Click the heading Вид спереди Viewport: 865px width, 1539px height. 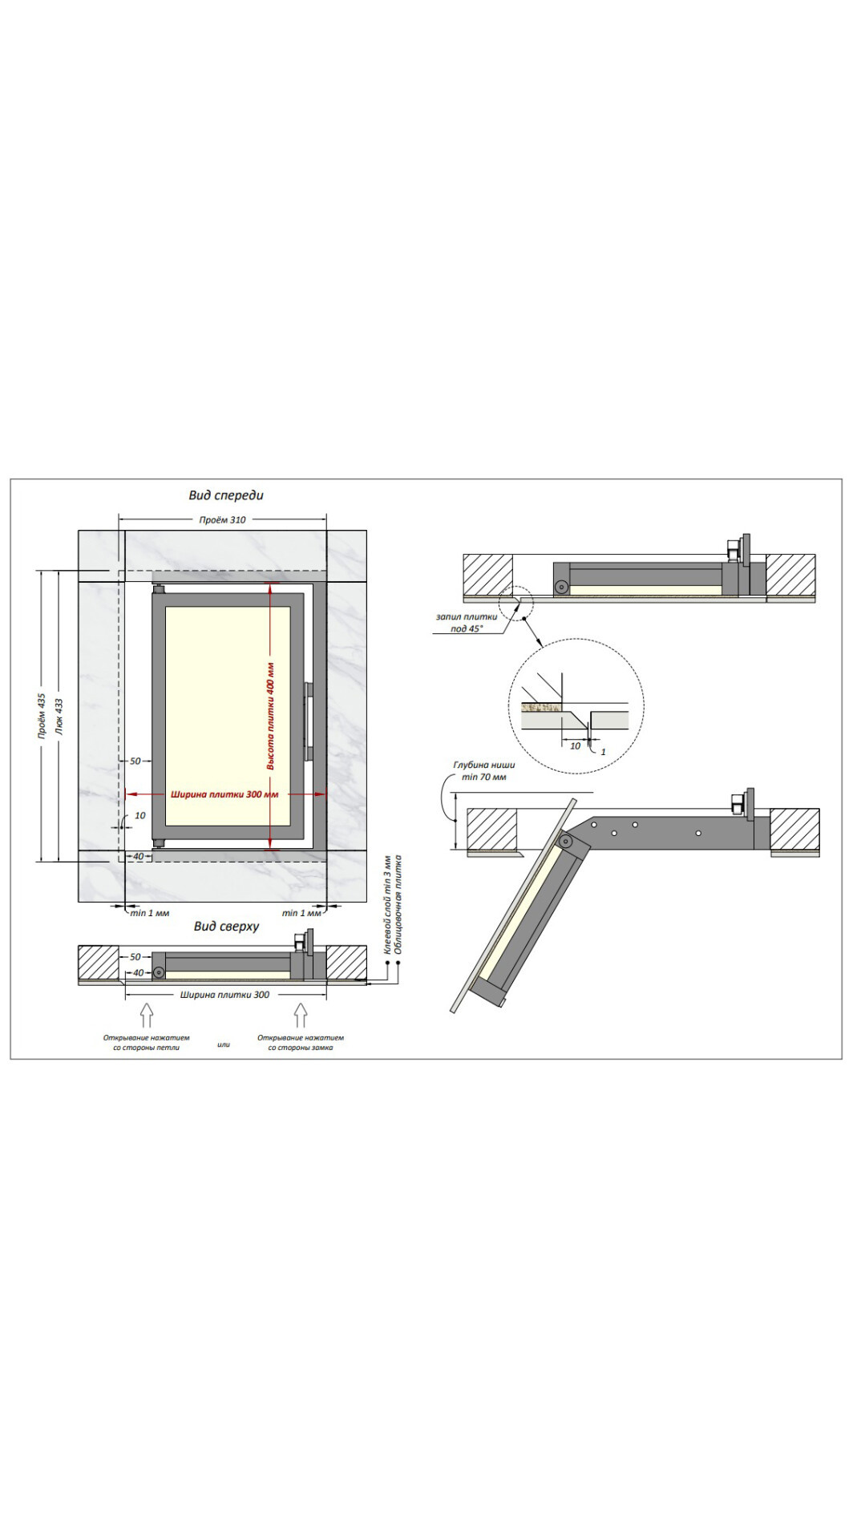226,495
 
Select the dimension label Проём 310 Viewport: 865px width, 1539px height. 223,519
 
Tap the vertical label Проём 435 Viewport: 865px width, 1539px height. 41,716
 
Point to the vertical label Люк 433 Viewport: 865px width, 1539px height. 59,716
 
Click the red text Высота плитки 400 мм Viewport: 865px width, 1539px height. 271,716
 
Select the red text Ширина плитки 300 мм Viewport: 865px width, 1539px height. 224,794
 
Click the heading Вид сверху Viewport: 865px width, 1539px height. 226,926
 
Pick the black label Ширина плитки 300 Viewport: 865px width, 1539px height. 224,995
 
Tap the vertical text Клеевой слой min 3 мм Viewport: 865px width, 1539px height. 387,904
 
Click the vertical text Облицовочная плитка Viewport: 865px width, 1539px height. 398,904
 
